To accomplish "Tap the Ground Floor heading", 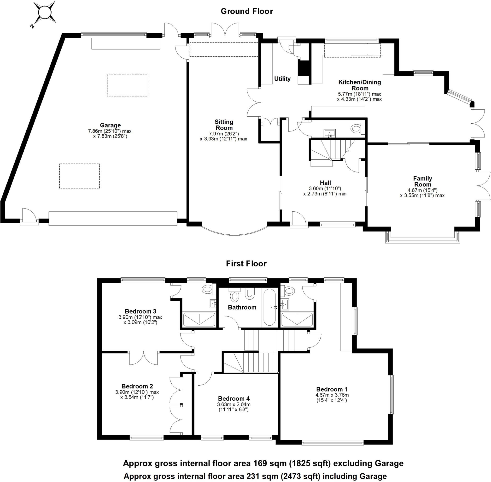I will (247, 11).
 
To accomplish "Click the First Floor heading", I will (246, 263).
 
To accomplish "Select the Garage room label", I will (110, 125).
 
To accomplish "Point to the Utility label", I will (282, 79).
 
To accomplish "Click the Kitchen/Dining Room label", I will (359, 85).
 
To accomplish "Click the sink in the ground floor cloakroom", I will (329, 132).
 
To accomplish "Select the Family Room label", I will (422, 181).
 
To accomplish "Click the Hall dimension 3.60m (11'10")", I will (325, 188).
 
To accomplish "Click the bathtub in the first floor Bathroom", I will (269, 307).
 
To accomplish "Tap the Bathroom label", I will (242, 307).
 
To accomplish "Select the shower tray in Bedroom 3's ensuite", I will (199, 319).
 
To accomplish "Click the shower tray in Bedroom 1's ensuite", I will (297, 319).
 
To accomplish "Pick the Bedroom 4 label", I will (234, 399).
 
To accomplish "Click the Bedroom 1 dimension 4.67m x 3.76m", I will (332, 395).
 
